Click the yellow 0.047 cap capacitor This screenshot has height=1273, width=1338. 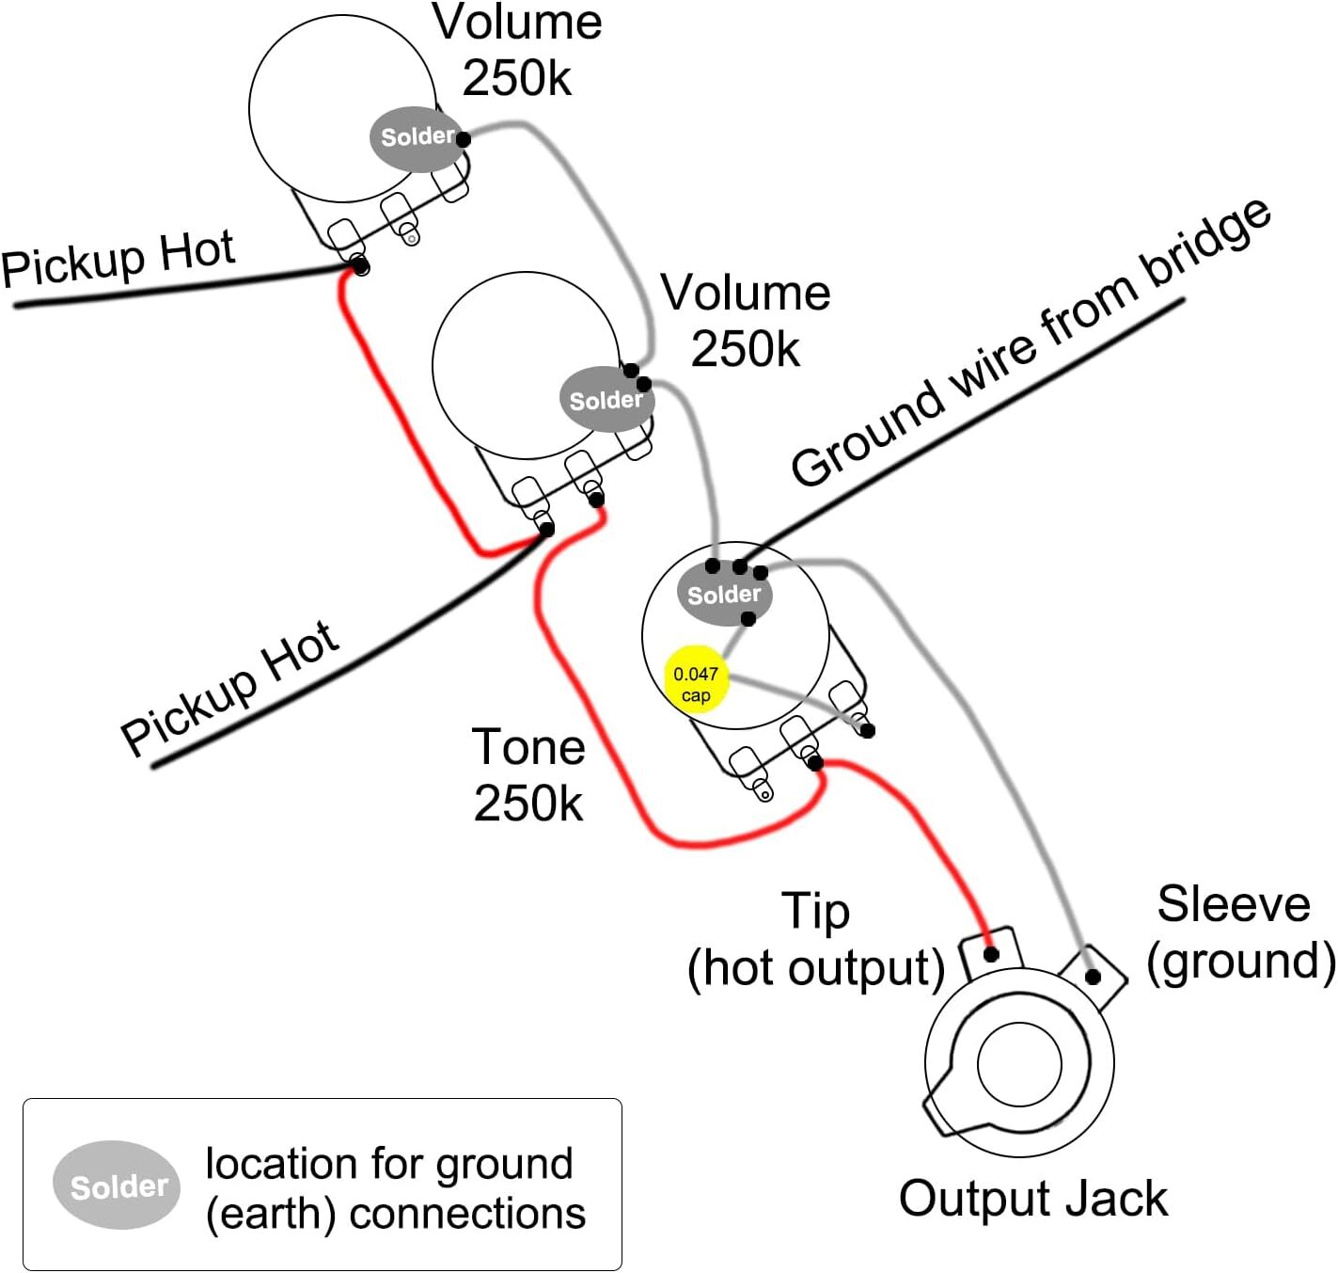(695, 679)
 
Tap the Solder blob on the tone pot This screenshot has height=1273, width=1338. (723, 594)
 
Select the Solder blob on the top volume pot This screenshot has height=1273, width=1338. (417, 137)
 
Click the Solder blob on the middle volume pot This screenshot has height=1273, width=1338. (606, 400)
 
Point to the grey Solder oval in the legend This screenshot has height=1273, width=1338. (117, 1185)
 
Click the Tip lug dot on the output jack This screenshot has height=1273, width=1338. (990, 954)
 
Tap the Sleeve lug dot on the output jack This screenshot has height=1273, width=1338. (1093, 977)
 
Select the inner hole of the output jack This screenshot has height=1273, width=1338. (1019, 1063)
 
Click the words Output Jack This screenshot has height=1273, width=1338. (1032, 1199)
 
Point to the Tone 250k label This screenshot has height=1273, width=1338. (528, 774)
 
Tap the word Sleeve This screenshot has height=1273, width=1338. (1233, 904)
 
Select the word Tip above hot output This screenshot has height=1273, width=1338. (815, 911)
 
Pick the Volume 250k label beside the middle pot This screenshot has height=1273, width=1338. (746, 321)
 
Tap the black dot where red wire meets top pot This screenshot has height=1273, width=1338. (361, 267)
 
